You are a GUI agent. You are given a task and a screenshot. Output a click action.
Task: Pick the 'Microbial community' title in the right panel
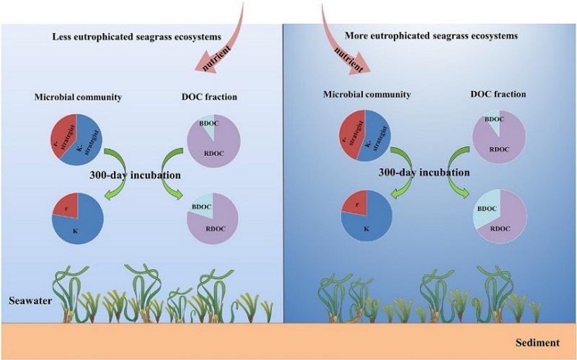point(368,94)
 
